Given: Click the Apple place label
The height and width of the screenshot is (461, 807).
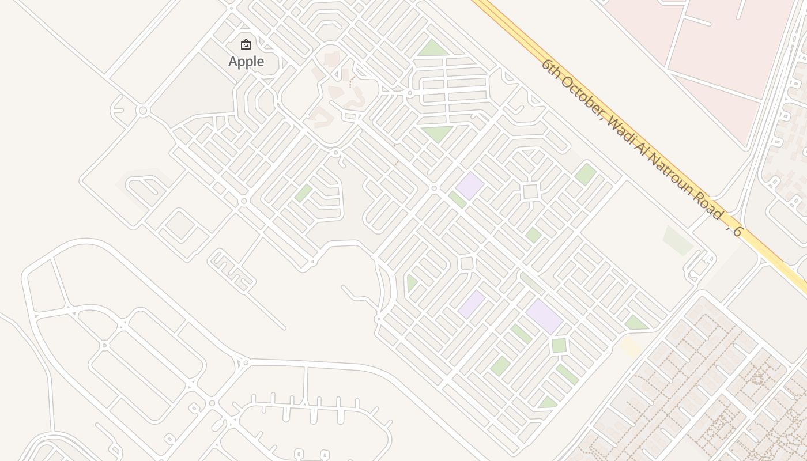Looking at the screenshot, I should (x=246, y=62).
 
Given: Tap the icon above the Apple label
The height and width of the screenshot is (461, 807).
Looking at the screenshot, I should (x=246, y=44).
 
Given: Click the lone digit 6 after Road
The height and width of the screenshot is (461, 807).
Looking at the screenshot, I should (x=737, y=232).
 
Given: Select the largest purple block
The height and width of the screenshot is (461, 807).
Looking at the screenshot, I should (x=544, y=316).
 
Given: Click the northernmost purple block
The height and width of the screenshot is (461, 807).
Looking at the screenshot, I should (x=470, y=186).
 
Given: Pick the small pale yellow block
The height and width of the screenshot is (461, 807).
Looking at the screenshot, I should (x=631, y=347).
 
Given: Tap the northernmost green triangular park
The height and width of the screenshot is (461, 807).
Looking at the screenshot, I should (x=433, y=49).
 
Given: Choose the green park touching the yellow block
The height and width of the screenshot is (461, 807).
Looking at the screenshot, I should (x=636, y=323).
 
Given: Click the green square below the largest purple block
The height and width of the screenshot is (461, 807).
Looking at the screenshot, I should (x=559, y=345).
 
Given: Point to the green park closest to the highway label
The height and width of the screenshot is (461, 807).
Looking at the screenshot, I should (x=585, y=174).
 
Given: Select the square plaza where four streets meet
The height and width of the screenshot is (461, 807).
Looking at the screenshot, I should (x=530, y=191).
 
